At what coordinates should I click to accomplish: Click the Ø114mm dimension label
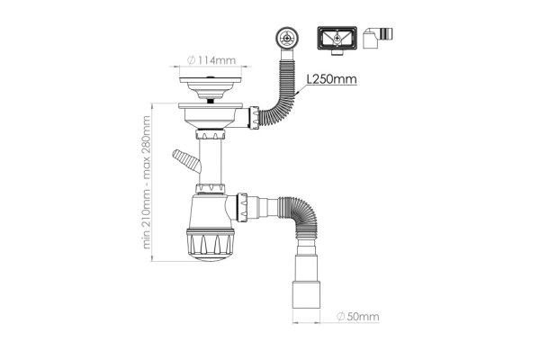pos(211,60)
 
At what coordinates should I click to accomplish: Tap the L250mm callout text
pos(331,79)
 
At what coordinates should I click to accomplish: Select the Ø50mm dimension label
pos(358,316)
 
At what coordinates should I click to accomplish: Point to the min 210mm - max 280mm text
pos(147,182)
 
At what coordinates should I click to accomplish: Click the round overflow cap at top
pos(287,37)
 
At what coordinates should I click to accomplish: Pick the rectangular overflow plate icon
pos(337,40)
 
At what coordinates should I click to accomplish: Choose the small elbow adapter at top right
pos(378,38)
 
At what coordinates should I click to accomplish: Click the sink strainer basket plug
pos(211,88)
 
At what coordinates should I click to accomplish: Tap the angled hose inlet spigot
pos(186,162)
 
